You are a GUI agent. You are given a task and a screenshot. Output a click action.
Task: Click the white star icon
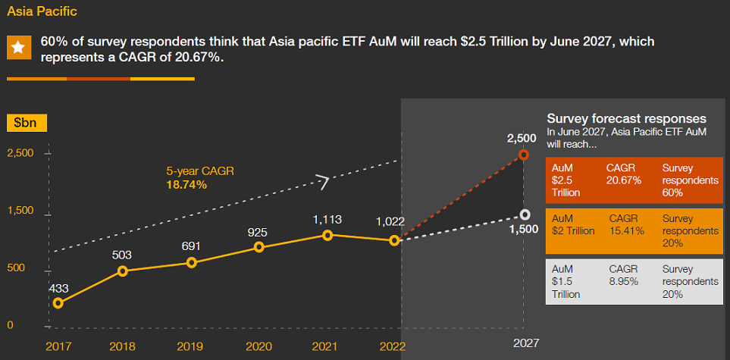click(x=18, y=48)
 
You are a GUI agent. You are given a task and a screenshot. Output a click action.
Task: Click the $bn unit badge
click(x=27, y=122)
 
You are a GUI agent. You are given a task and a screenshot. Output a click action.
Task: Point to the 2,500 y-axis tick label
click(x=20, y=153)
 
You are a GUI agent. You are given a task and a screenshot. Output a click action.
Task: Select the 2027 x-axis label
click(x=526, y=343)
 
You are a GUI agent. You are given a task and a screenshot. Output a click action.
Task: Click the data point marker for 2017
click(x=58, y=303)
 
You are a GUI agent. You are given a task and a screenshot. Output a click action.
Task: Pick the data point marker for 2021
click(x=327, y=235)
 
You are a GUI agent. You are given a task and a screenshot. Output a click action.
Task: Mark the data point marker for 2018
click(x=124, y=271)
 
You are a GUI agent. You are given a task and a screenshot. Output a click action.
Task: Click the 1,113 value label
click(x=327, y=219)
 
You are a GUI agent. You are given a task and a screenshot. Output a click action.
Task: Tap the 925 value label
click(x=258, y=232)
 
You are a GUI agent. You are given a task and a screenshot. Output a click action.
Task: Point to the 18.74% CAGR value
click(x=186, y=184)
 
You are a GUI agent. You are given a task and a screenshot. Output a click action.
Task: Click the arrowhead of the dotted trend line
click(x=324, y=181)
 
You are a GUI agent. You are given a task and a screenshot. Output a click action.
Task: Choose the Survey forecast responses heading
click(x=627, y=119)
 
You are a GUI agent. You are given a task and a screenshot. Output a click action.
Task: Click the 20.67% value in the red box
click(x=624, y=180)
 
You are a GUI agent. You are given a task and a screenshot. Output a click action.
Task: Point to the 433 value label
click(x=58, y=288)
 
